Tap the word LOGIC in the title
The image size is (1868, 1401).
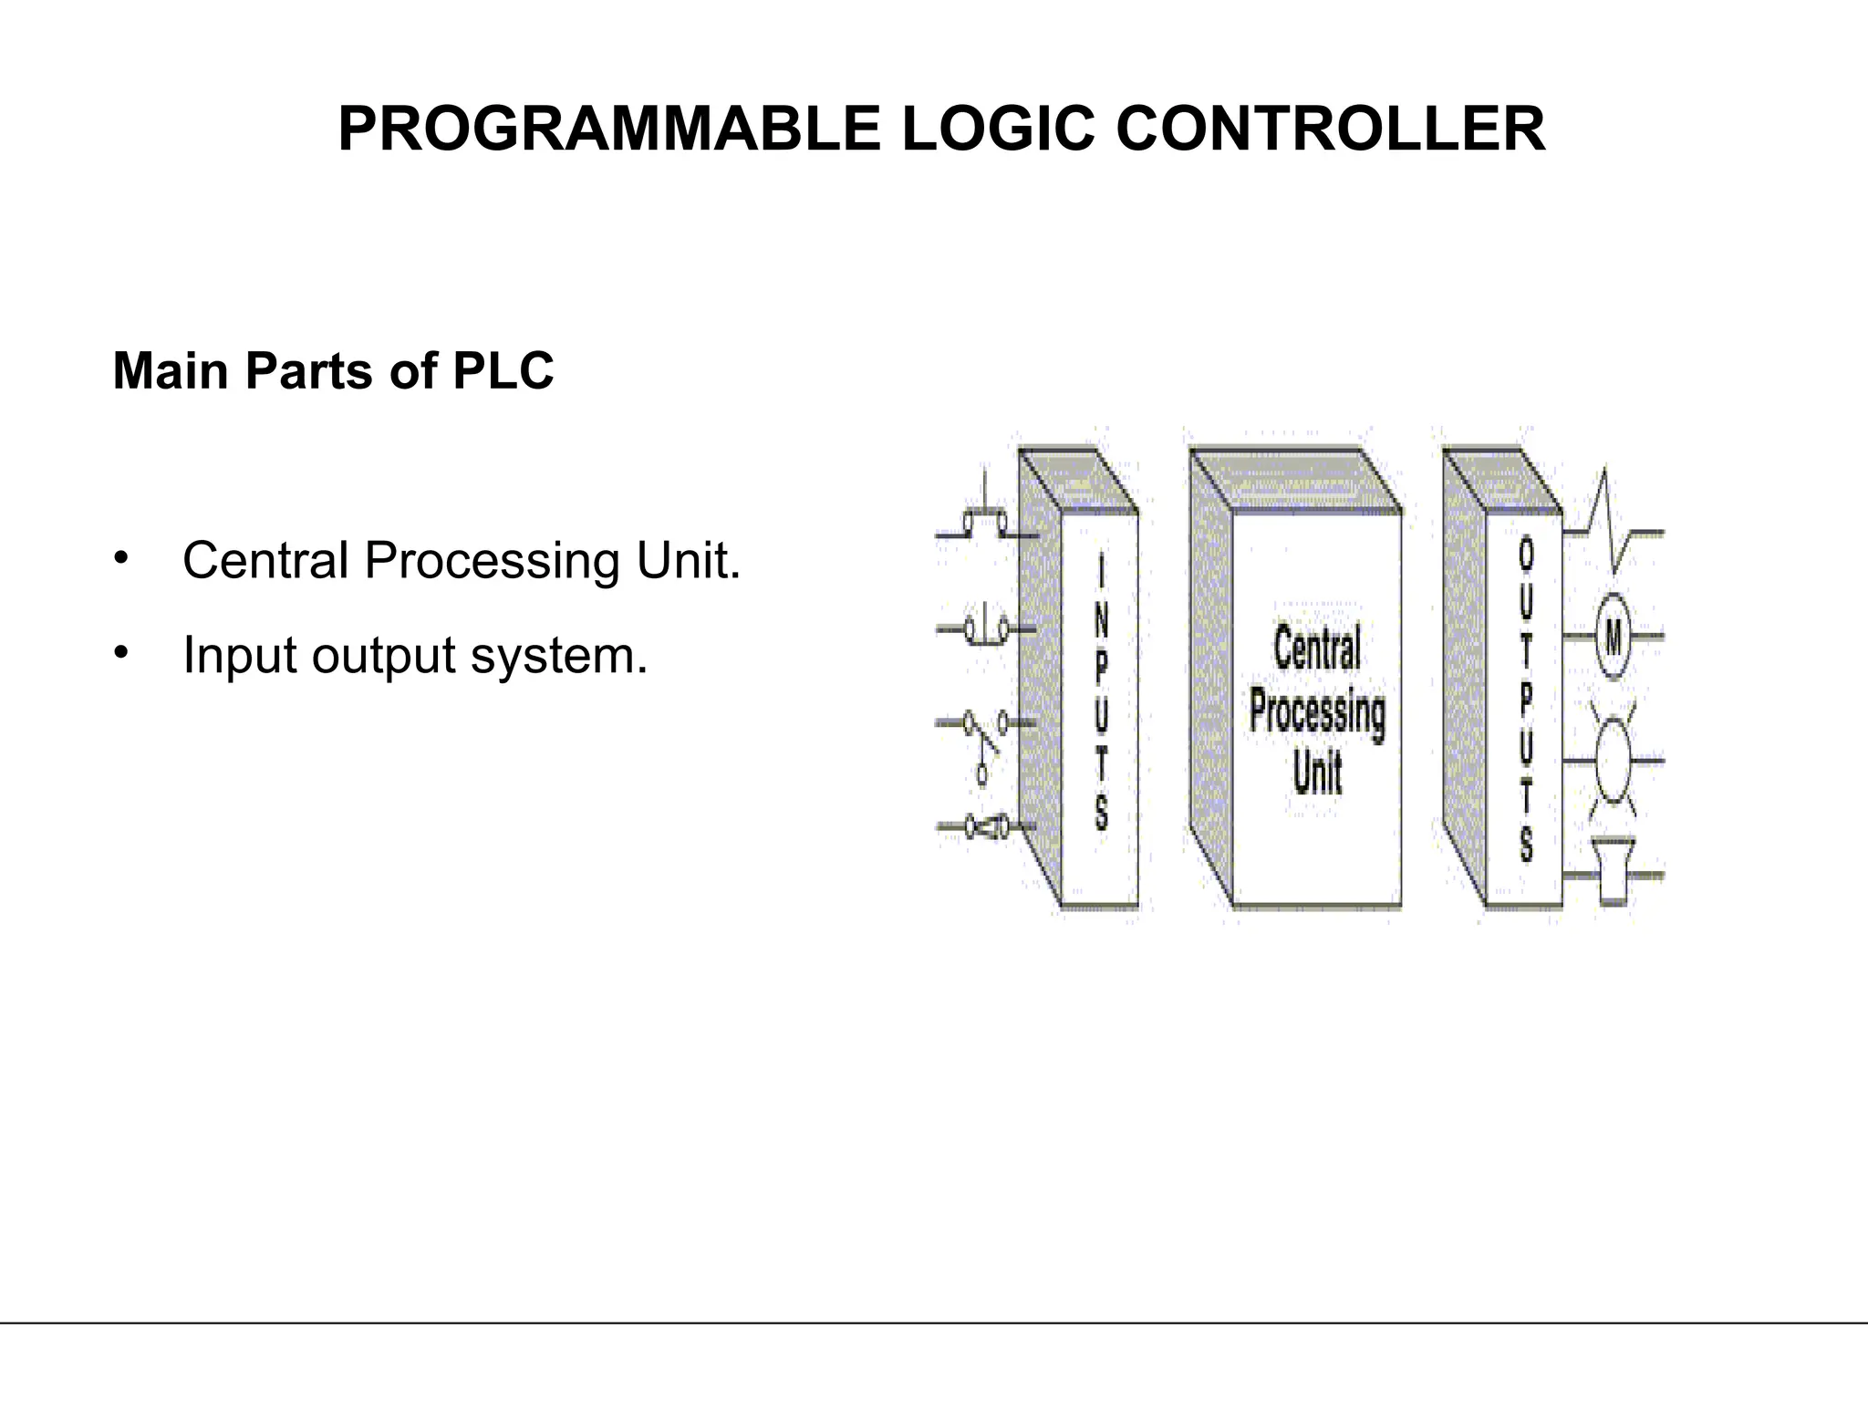click(x=998, y=130)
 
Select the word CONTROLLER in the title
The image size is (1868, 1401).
click(x=1331, y=130)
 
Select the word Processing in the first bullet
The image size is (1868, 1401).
click(x=492, y=561)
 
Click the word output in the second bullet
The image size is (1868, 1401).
click(x=383, y=656)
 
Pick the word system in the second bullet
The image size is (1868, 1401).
click(x=558, y=656)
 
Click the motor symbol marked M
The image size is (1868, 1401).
click(x=1613, y=636)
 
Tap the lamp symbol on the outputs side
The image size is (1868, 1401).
click(x=1613, y=760)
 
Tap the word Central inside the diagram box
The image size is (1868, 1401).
click(x=1317, y=649)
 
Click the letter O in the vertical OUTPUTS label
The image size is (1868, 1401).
click(x=1526, y=555)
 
